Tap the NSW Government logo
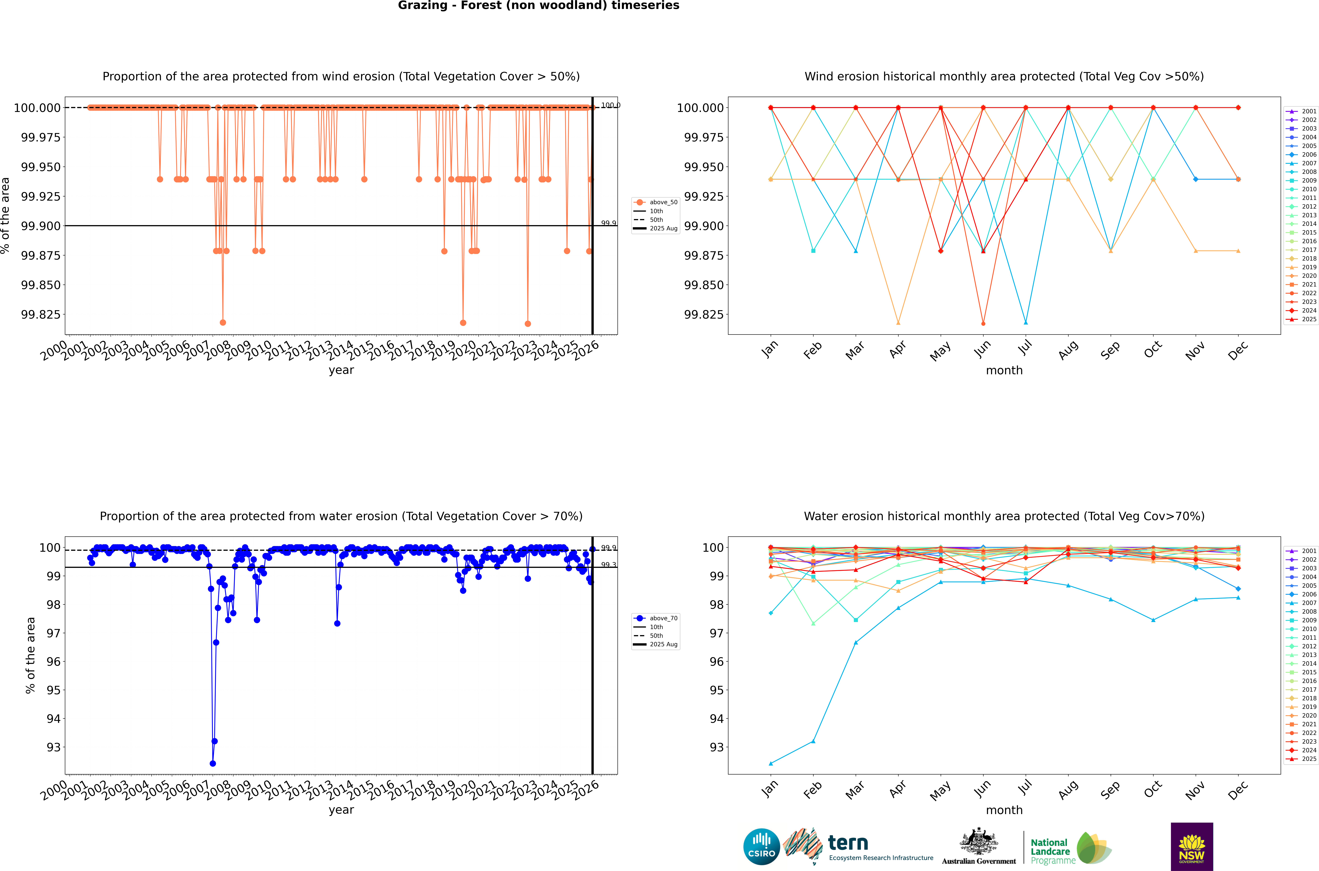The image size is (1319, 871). coord(1192,847)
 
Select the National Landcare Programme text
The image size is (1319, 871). coord(1050,851)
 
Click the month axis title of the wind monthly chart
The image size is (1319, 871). coord(1004,371)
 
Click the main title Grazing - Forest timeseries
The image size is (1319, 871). coord(538,6)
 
